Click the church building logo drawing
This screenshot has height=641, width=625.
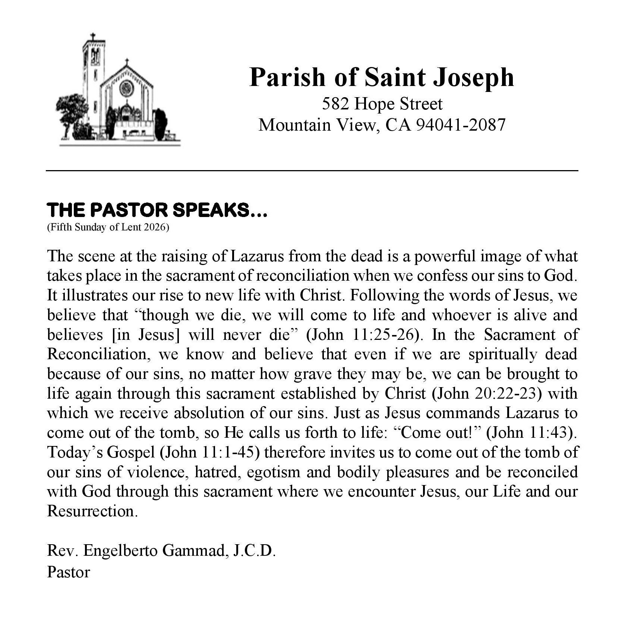tap(119, 91)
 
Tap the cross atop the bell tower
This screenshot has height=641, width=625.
tap(93, 37)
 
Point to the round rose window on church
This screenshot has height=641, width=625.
tap(126, 88)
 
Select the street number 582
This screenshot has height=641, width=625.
tap(335, 104)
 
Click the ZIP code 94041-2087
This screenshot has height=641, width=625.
tap(460, 125)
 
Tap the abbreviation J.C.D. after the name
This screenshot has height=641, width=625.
tap(254, 551)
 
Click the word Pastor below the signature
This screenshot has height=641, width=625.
tap(69, 572)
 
